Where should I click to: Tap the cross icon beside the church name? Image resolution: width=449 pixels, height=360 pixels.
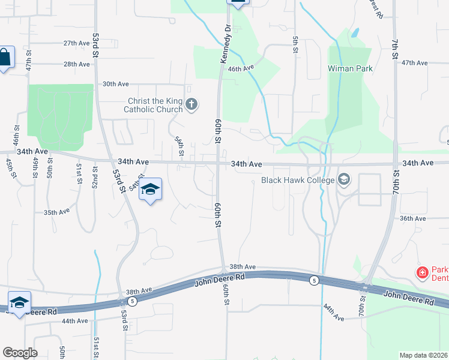[191, 106]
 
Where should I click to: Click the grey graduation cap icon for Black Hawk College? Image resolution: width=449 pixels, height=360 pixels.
[344, 179]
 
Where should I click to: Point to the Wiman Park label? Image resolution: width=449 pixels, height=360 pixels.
[350, 68]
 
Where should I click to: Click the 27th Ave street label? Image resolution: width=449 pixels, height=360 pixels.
[76, 43]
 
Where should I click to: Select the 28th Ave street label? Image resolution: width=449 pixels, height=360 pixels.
[76, 64]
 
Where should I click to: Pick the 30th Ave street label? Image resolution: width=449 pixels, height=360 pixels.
[116, 85]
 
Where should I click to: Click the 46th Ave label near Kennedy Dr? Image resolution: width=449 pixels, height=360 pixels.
[241, 69]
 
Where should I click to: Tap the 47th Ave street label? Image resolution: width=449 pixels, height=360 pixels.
[414, 62]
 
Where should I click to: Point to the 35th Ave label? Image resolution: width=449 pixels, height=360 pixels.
[58, 212]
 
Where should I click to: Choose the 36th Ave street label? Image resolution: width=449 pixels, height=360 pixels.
[412, 218]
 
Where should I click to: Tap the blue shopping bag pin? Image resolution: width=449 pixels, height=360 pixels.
[4, 58]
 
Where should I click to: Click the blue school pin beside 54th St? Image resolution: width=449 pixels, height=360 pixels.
[150, 190]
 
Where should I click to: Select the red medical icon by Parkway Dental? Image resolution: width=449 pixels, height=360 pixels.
[423, 272]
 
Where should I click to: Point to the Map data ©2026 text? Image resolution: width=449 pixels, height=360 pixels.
[423, 355]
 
